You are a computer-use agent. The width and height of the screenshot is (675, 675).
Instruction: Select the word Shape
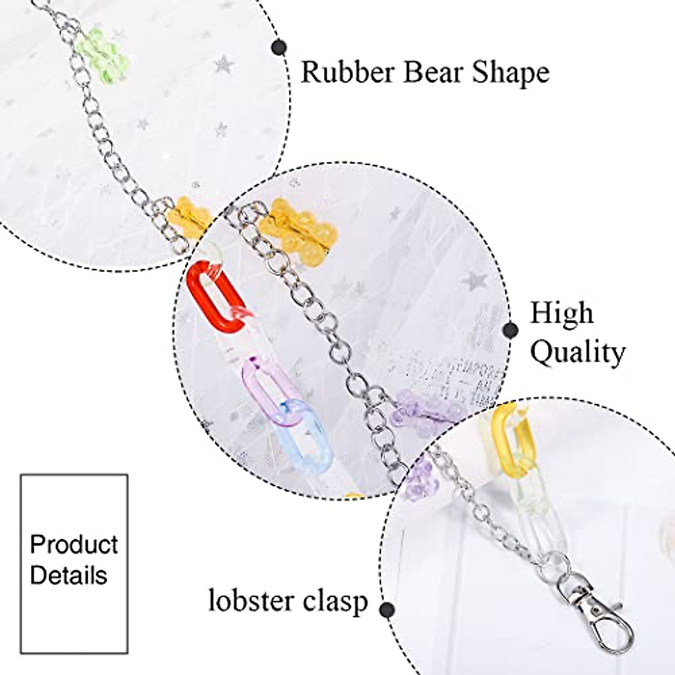(x=510, y=73)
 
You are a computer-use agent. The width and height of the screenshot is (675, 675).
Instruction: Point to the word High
(x=561, y=314)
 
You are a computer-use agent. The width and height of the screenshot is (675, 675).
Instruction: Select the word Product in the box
(x=74, y=544)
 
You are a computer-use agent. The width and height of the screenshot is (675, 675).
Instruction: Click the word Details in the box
(x=69, y=575)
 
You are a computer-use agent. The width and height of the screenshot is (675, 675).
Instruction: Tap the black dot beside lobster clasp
(x=386, y=609)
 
